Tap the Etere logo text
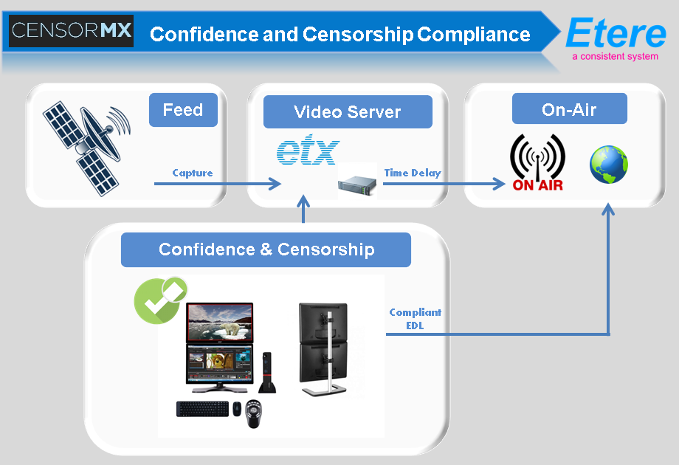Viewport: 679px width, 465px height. pyautogui.click(x=615, y=32)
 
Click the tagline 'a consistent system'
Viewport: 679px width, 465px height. pyautogui.click(x=615, y=56)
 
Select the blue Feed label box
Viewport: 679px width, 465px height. pyautogui.click(x=182, y=110)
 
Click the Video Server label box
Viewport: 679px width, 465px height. pyautogui.click(x=347, y=112)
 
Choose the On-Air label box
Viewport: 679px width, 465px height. pyautogui.click(x=569, y=110)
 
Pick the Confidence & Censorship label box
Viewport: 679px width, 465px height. pyautogui.click(x=266, y=249)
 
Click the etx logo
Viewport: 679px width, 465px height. pyautogui.click(x=307, y=151)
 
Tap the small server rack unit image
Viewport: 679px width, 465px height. pyautogui.click(x=357, y=182)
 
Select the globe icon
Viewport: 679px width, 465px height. pyautogui.click(x=608, y=165)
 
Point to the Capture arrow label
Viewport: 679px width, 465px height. pyautogui.click(x=192, y=173)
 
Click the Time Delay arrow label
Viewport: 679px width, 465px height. pyautogui.click(x=412, y=173)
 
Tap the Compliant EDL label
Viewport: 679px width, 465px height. pyautogui.click(x=415, y=318)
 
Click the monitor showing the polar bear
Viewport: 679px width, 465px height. pyautogui.click(x=219, y=322)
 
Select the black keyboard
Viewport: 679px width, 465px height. pyautogui.click(x=202, y=408)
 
